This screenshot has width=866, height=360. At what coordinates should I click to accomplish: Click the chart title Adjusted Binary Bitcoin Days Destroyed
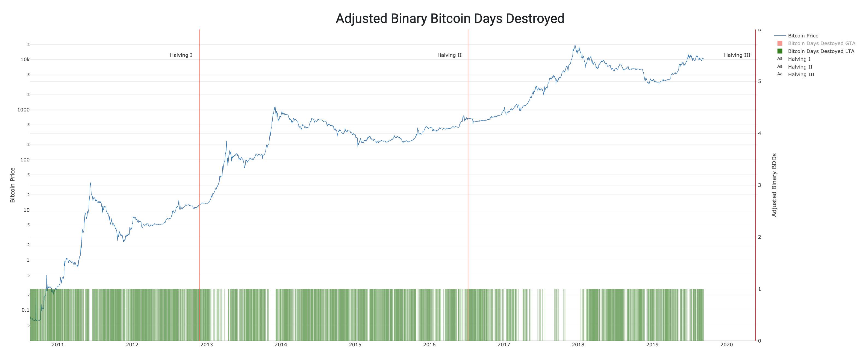pos(450,19)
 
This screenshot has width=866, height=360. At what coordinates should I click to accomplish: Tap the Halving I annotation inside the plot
pos(181,55)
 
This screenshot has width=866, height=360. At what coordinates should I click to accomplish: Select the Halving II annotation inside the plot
pos(449,55)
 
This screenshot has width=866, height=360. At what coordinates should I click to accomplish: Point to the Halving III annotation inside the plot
pos(737,55)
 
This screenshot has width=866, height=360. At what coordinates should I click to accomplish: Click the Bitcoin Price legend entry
pos(803,36)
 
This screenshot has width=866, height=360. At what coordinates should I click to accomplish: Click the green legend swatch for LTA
pos(780,51)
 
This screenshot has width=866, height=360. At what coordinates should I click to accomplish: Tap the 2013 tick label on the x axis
pos(207,344)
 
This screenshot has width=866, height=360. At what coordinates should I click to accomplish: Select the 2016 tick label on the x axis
pos(429,344)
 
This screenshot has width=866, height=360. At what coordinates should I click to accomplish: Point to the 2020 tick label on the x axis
pos(726,344)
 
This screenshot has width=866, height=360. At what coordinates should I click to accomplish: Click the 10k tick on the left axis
pos(25,60)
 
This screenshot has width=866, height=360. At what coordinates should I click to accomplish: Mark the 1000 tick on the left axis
pos(23,110)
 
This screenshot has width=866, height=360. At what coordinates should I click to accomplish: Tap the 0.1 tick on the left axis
pos(26,310)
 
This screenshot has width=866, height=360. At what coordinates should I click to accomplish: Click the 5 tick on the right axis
pos(760,81)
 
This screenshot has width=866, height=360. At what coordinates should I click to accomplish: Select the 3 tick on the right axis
pos(760,185)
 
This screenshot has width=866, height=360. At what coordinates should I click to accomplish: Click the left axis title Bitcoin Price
pos(13,185)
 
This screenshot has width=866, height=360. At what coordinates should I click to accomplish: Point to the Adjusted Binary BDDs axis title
pos(774,185)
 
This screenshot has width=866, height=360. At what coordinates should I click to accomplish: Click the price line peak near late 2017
pos(575,45)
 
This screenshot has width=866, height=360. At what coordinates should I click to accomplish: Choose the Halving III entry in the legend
pos(801,74)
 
